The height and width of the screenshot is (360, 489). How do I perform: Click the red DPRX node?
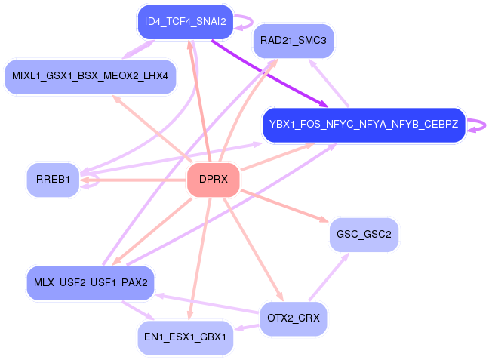tap(214, 180)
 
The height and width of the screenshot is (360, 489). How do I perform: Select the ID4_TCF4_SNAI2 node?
tap(185, 22)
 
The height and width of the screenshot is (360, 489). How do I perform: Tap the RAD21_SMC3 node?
tap(294, 41)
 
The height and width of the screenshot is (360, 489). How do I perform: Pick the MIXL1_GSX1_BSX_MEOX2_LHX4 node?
tap(91, 76)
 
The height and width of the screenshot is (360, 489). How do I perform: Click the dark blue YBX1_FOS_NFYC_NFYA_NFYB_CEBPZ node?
tap(364, 125)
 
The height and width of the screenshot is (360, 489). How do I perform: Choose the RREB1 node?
tap(53, 180)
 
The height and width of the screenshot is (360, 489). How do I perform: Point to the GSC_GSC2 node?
tap(364, 235)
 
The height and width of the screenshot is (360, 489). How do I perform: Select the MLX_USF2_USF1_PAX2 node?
tap(91, 283)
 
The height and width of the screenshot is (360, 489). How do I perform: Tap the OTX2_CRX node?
tap(294, 318)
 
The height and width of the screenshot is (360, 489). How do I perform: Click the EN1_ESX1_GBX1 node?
tap(185, 337)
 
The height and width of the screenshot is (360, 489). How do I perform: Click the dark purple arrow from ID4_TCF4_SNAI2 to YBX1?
tap(269, 74)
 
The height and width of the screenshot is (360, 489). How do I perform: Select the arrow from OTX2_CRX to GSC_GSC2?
tap(329, 277)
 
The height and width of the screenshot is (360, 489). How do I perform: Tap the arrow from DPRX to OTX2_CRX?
tap(254, 250)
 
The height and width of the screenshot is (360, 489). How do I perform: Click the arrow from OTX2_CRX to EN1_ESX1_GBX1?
tap(247, 328)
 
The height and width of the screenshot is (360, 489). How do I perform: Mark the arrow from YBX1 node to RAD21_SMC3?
tap(328, 83)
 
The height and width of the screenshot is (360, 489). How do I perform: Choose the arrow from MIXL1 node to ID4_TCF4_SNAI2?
tap(138, 49)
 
